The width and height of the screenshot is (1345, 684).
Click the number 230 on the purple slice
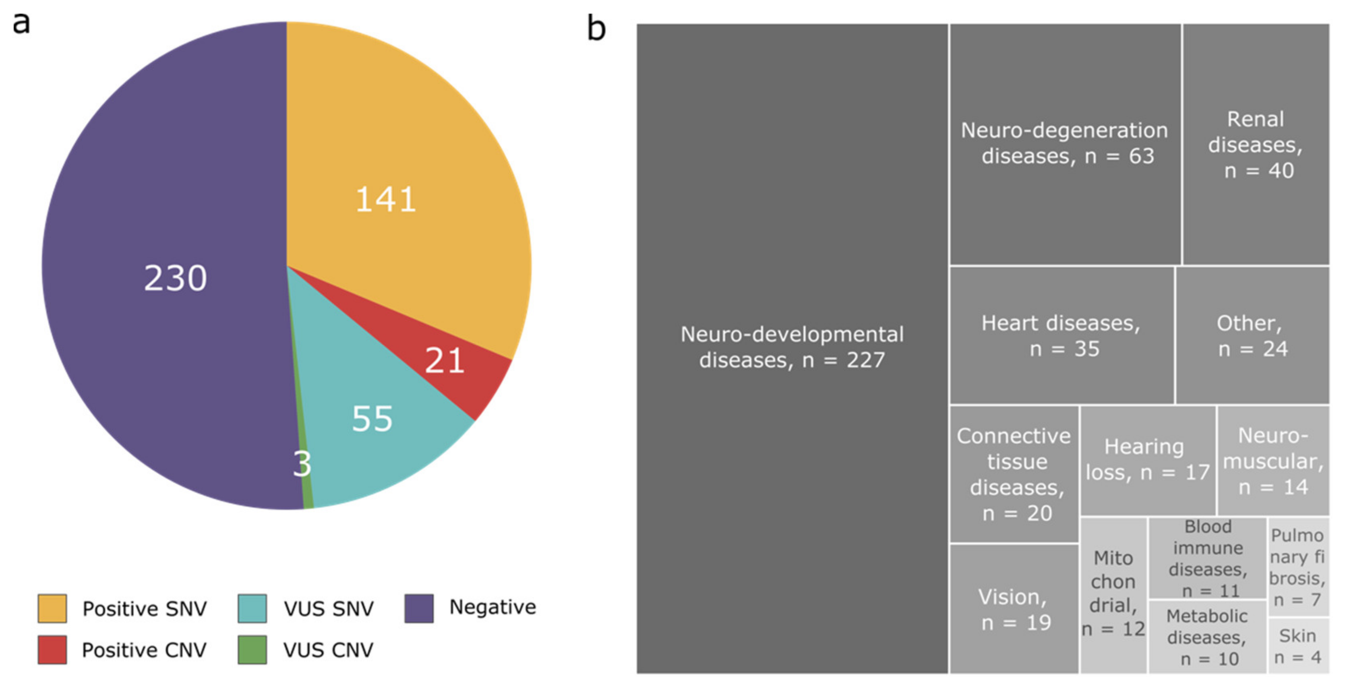point(176,278)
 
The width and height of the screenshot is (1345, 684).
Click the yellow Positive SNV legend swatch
point(52,608)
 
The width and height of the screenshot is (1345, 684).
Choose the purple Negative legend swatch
point(419,608)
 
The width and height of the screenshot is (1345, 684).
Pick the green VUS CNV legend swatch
point(252,649)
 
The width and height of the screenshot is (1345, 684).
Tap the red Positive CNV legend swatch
point(52,649)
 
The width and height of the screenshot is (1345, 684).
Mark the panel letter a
point(21,23)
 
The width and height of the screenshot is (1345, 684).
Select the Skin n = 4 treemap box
point(1298,645)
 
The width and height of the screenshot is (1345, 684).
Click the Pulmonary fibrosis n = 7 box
point(1298,567)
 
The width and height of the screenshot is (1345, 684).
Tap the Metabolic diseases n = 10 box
point(1207,637)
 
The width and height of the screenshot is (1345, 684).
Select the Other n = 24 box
point(1252,335)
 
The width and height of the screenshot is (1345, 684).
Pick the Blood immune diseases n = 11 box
point(1207,558)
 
